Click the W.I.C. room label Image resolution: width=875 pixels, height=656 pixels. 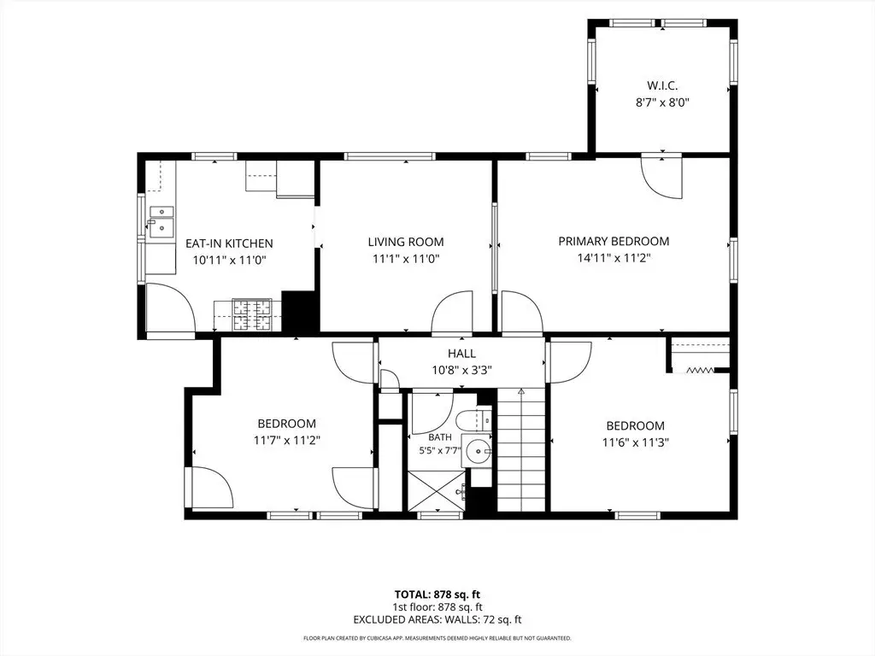click(x=662, y=86)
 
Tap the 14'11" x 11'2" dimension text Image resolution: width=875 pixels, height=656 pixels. click(x=614, y=258)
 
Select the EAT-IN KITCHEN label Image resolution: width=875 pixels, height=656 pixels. click(x=229, y=243)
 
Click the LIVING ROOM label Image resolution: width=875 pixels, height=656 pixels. click(x=406, y=242)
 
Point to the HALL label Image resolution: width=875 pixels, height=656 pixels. click(x=461, y=353)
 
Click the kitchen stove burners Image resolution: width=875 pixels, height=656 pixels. click(x=251, y=314)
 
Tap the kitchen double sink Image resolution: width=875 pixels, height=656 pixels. click(x=161, y=220)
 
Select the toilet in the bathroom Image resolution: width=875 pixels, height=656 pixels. click(x=473, y=419)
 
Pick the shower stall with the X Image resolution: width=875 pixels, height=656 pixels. click(x=437, y=490)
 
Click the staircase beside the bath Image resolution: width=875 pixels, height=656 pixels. click(x=520, y=449)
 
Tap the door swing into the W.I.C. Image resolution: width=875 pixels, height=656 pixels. click(x=661, y=178)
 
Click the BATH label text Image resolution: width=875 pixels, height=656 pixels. click(x=440, y=437)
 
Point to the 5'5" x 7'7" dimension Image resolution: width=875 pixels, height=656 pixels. click(x=440, y=449)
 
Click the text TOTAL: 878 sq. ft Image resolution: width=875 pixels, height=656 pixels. click(x=437, y=594)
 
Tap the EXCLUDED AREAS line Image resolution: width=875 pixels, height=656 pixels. click(x=437, y=619)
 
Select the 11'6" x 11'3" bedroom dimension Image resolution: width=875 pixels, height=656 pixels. click(x=636, y=442)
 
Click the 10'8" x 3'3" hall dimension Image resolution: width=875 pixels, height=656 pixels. click(x=461, y=370)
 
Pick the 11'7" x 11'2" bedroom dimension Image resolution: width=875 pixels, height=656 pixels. click(x=287, y=440)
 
